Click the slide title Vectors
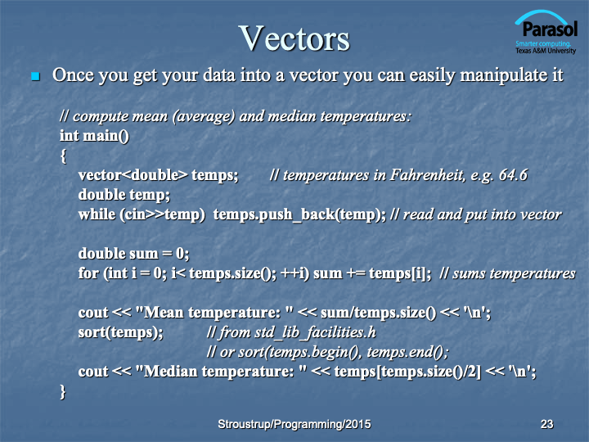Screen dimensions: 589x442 (x=294, y=38)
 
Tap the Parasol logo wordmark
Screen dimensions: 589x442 (x=550, y=29)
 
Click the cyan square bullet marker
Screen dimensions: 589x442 (x=36, y=76)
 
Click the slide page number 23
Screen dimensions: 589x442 (x=546, y=424)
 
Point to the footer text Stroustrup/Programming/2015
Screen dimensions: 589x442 (x=294, y=424)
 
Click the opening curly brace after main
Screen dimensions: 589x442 (x=64, y=156)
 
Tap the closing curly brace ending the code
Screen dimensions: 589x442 (x=63, y=391)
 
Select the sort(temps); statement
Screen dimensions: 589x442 (x=120, y=332)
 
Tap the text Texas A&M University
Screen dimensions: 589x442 (x=546, y=51)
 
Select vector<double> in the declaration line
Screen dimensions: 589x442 (x=133, y=175)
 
